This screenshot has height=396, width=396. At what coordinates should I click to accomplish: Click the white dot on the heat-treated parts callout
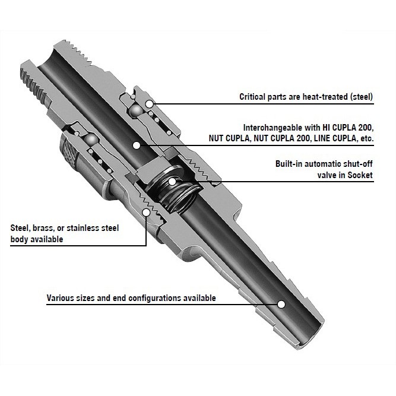(x=150, y=103)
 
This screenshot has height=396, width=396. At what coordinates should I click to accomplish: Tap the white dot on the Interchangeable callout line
(x=137, y=145)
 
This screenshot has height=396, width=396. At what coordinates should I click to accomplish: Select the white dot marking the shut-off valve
(x=172, y=181)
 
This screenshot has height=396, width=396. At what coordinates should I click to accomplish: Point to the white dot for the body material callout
(x=146, y=212)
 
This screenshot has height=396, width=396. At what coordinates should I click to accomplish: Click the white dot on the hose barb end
(x=281, y=304)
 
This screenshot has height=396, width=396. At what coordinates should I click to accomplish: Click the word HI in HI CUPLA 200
(x=326, y=128)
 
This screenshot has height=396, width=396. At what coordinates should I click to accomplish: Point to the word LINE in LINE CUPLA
(x=322, y=138)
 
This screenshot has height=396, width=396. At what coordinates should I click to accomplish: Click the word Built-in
(x=289, y=164)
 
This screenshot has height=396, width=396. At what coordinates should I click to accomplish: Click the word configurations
(x=154, y=298)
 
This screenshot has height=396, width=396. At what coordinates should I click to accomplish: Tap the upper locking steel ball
(x=135, y=111)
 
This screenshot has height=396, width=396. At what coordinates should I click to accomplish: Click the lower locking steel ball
(x=91, y=140)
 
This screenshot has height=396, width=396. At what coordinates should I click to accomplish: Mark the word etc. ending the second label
(x=366, y=138)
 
